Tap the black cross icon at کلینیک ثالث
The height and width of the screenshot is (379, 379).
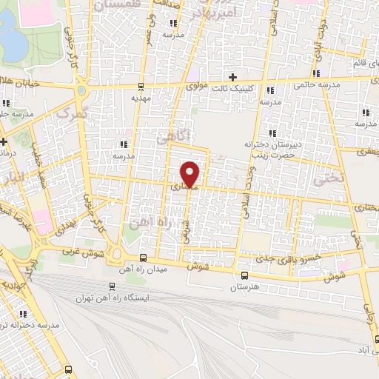tap(233, 77)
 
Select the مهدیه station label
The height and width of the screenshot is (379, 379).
tap(141, 97)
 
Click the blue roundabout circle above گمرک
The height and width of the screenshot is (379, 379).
tap(82, 91)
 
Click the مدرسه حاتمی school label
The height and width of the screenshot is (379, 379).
tap(319, 85)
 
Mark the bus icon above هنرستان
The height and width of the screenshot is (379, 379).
tap(244, 276)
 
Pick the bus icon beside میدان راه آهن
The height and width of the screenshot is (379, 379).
tap(143, 258)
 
